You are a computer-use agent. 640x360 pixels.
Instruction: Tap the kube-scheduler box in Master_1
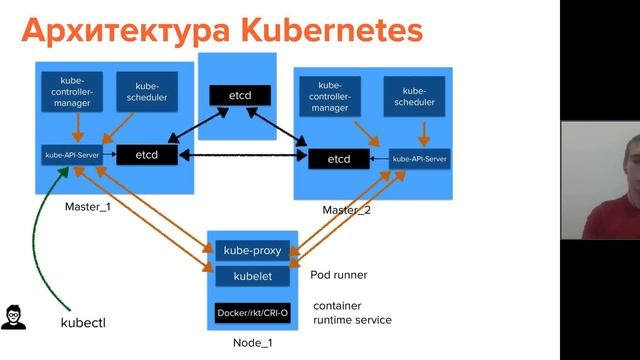142,93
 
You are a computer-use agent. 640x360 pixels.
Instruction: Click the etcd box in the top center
238,96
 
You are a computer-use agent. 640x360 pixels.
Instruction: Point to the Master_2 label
346,211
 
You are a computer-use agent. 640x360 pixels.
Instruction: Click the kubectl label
83,323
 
